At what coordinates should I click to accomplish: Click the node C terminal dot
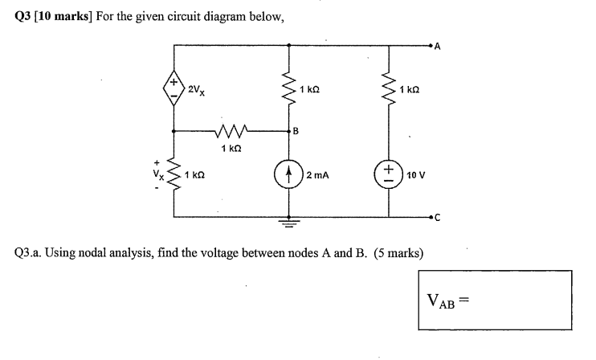click(431, 217)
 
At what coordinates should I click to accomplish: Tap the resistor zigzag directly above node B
click(288, 88)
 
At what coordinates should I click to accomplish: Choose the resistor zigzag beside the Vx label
click(173, 174)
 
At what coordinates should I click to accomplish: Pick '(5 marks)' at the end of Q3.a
click(398, 252)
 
